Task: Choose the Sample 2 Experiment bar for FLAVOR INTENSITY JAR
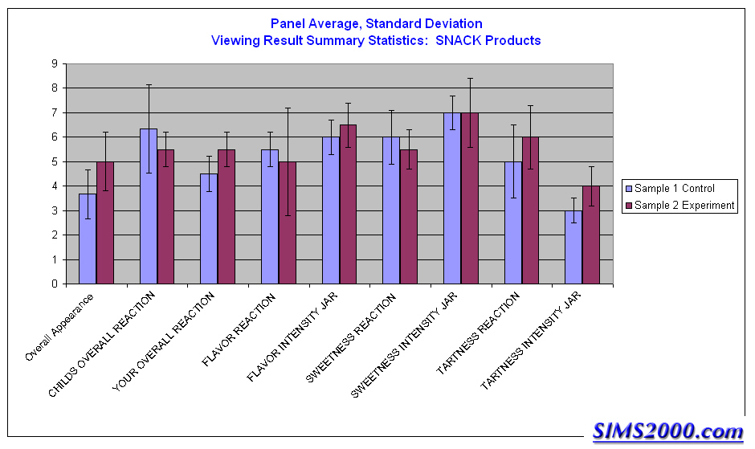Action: click(349, 204)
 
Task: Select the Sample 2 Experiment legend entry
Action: click(679, 206)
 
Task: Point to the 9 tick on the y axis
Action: click(53, 63)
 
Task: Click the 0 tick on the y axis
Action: click(53, 284)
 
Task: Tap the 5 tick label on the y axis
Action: click(53, 161)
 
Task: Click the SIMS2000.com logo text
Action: click(668, 431)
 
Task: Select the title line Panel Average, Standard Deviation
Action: click(376, 24)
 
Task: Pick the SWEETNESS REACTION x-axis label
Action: click(352, 337)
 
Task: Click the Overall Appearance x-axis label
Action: click(61, 327)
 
